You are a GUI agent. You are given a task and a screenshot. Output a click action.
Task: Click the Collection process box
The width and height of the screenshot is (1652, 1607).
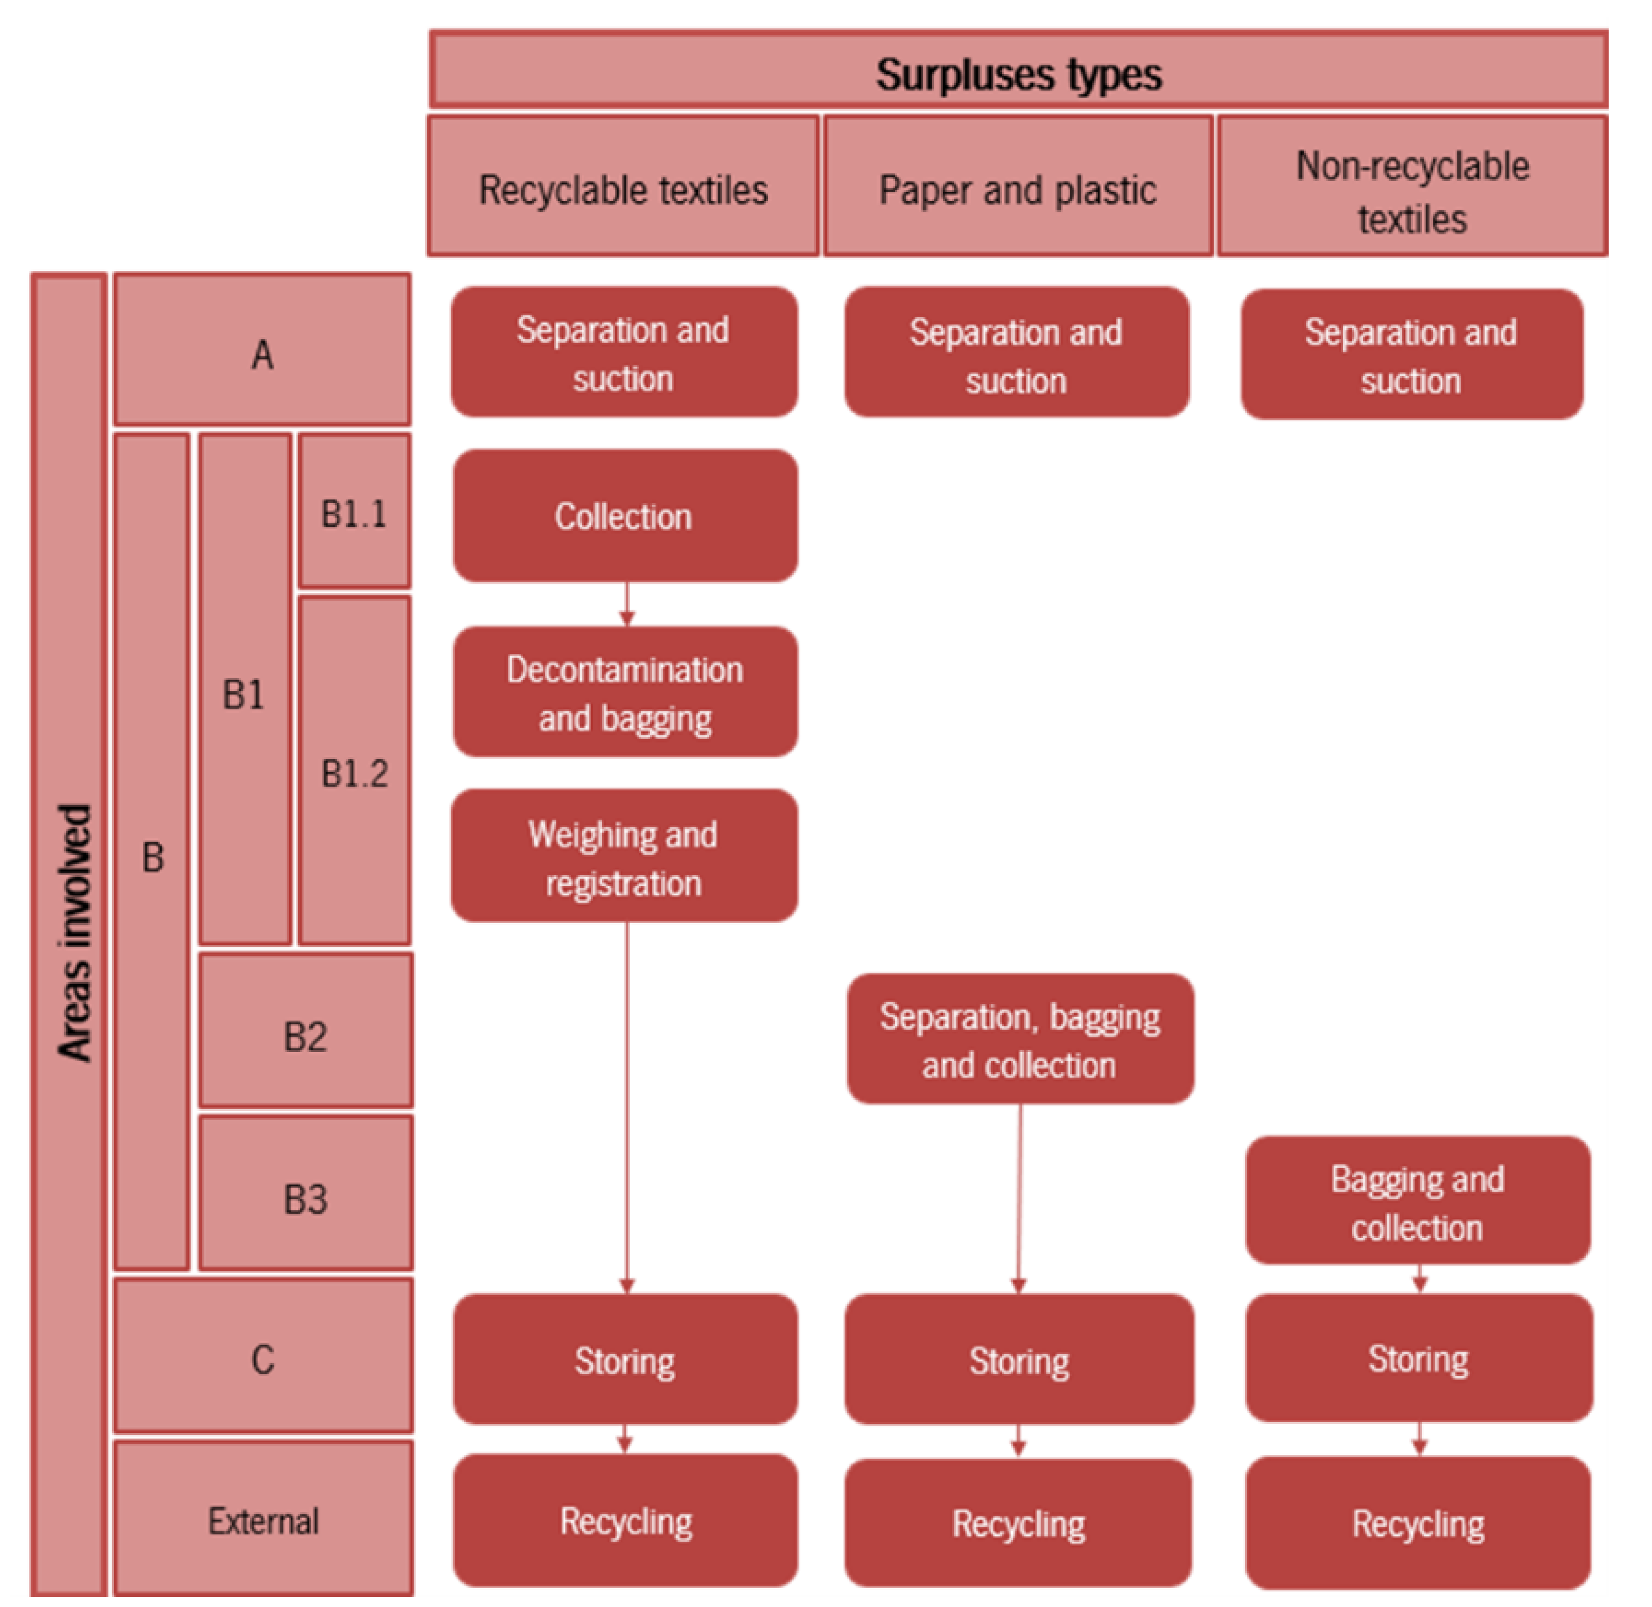[x=625, y=516]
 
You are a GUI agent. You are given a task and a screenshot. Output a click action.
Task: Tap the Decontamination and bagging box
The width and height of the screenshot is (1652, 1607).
[x=625, y=692]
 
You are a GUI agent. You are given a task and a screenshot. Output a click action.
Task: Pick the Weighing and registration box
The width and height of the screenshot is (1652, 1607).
[x=624, y=856]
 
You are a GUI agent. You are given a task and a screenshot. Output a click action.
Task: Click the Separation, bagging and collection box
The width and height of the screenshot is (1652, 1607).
[x=1020, y=1039]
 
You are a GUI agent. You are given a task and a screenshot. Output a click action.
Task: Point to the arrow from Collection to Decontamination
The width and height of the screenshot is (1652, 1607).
[x=626, y=604]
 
